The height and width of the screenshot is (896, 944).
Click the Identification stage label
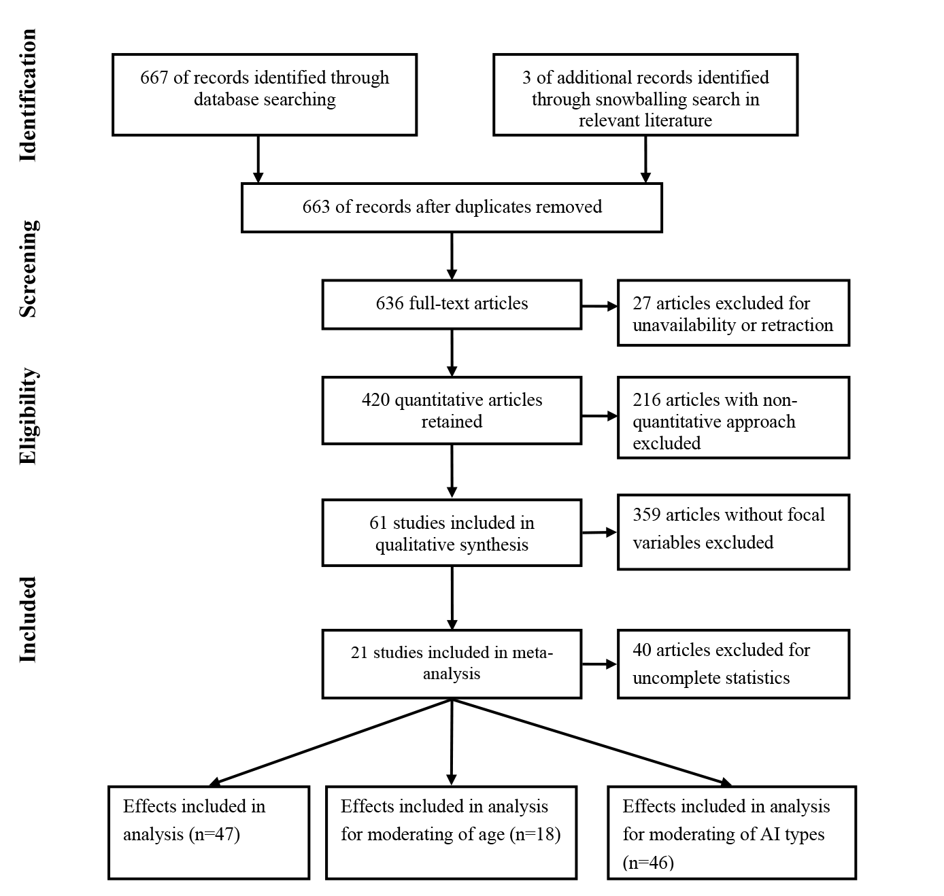coord(27,95)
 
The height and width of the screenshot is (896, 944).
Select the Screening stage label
coord(27,269)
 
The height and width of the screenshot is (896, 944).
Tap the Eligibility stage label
coord(27,416)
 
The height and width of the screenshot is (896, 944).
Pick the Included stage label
coord(27,619)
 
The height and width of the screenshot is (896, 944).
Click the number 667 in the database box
coord(154,77)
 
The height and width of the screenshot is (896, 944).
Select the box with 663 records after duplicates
coord(452,207)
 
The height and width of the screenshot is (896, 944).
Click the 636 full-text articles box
coord(452,303)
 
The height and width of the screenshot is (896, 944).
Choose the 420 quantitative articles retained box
coord(452,410)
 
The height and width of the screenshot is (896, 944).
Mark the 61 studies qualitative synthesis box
coord(452,533)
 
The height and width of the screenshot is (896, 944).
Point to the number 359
coord(647,515)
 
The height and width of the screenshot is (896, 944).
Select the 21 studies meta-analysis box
coord(452,663)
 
